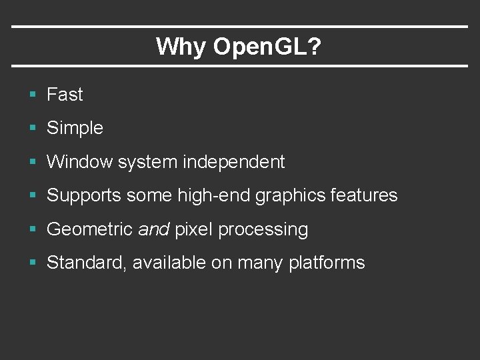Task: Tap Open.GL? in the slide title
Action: (267, 47)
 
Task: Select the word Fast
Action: (65, 95)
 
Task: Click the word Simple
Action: (75, 128)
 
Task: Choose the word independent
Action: (234, 161)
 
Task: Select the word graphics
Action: (283, 196)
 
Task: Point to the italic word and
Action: (153, 229)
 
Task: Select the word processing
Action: (263, 230)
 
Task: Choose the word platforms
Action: (327, 263)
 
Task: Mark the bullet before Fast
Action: (33, 95)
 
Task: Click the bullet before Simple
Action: (33, 129)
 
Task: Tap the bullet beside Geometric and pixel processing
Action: (33, 230)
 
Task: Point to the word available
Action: (169, 263)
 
